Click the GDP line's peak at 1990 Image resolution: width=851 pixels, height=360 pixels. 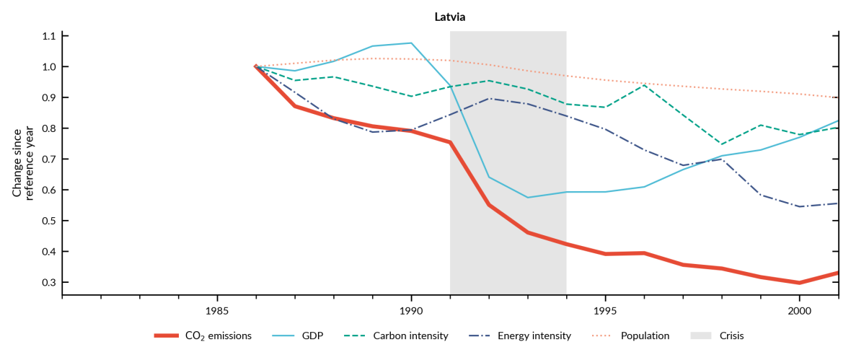coord(411,43)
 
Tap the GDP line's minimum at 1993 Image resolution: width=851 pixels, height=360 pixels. coord(528,198)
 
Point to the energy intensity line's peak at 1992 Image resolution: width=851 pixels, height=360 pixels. coord(489,98)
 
